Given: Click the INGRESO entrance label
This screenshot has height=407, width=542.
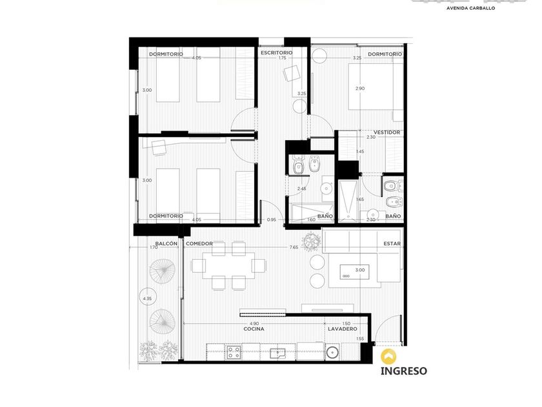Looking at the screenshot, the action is click(x=403, y=371).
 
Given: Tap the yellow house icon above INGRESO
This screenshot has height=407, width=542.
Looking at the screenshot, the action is click(x=388, y=356).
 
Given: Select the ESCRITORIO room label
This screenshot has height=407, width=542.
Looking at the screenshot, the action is click(x=277, y=52).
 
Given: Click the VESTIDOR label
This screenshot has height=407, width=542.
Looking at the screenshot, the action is click(x=386, y=132).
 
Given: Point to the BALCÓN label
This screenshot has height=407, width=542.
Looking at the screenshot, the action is click(x=166, y=244).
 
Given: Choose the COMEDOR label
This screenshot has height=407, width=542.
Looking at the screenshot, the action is click(x=199, y=244).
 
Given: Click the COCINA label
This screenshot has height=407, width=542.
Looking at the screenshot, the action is click(x=254, y=329).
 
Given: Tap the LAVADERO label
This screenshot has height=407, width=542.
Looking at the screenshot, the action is click(x=343, y=329).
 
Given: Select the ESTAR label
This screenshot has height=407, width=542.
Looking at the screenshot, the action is click(x=392, y=244).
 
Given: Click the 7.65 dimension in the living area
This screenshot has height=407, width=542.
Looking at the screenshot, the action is click(x=294, y=247).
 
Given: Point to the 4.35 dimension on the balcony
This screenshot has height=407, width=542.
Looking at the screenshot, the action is click(x=147, y=298).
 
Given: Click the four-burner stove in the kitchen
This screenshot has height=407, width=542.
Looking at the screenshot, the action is click(x=234, y=353).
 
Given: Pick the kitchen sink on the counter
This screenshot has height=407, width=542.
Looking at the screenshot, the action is click(x=278, y=353).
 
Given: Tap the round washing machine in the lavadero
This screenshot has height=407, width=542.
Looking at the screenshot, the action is click(x=332, y=352).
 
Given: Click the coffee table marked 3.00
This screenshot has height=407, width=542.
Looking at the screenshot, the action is click(x=354, y=272).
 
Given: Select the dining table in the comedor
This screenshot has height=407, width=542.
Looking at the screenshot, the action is click(x=228, y=266).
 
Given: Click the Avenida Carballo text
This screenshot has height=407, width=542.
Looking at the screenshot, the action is click(x=470, y=8).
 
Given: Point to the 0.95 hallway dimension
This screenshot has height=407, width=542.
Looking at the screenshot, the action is click(x=272, y=220).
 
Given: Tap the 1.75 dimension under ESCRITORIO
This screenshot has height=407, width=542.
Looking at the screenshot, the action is click(x=283, y=57).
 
